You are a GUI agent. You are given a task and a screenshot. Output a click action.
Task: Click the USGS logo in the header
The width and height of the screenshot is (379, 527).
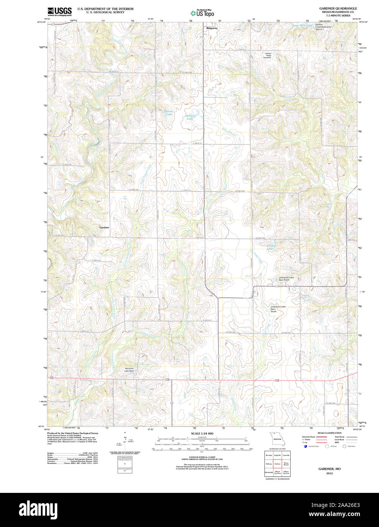[x=60, y=11]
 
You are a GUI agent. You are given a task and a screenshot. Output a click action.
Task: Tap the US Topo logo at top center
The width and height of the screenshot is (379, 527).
[x=202, y=13]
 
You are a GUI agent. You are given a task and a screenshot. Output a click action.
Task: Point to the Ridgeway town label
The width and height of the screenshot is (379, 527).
[x=212, y=28]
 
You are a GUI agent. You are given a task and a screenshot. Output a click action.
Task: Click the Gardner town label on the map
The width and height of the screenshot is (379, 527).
[x=104, y=227]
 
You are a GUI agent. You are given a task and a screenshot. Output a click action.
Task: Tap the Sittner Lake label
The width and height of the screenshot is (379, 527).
[x=168, y=113]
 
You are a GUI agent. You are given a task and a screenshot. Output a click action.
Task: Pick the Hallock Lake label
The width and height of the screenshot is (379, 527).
[x=190, y=118]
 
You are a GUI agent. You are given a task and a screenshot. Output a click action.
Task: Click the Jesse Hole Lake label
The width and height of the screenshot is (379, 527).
[x=302, y=25]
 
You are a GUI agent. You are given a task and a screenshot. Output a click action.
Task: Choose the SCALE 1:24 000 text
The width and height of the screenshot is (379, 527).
[x=202, y=433]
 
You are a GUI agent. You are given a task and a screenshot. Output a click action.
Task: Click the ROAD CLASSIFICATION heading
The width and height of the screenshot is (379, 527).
[x=329, y=433]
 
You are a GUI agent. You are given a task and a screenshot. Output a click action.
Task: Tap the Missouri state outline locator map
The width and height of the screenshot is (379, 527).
[x=277, y=440]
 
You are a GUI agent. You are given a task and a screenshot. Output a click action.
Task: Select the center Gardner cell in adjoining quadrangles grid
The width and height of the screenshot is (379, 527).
[x=277, y=463]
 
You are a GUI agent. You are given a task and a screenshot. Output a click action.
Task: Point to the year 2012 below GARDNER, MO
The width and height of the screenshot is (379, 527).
[x=329, y=474]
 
